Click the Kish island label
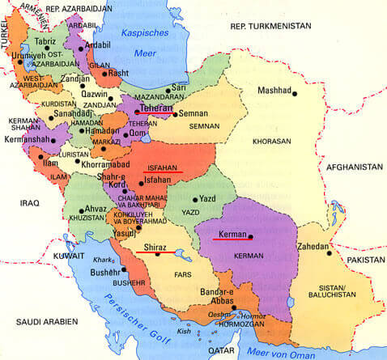tap(185, 330)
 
